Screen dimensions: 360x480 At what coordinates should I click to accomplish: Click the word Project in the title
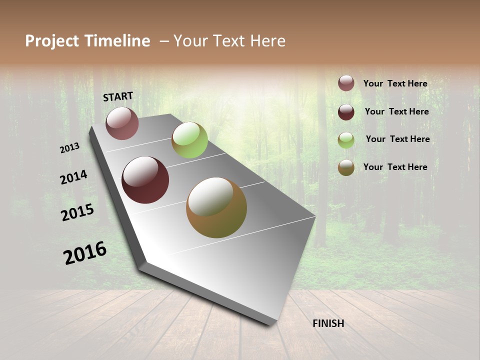(x=51, y=41)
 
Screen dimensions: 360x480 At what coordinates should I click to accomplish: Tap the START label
(x=118, y=96)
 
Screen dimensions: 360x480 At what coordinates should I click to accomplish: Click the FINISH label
(x=328, y=323)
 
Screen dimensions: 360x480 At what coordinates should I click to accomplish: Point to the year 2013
(x=70, y=148)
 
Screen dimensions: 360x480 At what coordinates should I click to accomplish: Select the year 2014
(x=74, y=177)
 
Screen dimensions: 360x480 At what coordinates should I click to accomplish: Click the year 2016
(x=85, y=253)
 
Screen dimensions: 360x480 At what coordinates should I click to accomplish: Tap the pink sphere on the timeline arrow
(x=122, y=123)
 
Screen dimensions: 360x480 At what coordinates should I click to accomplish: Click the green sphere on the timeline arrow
(x=189, y=140)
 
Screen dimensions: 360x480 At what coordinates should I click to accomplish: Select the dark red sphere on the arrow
(x=145, y=180)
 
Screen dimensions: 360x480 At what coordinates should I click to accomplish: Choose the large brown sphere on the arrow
(x=216, y=207)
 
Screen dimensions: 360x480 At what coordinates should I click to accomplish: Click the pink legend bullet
(x=346, y=83)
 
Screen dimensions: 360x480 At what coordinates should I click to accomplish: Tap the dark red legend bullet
(x=346, y=112)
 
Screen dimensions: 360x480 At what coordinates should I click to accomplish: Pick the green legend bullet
(x=346, y=140)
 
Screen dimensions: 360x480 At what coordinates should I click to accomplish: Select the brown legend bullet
(x=346, y=167)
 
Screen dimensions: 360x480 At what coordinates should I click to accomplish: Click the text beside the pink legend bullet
(x=395, y=83)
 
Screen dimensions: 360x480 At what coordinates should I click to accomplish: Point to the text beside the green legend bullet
(x=397, y=139)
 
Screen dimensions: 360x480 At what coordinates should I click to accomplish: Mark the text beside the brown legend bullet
(x=395, y=167)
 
